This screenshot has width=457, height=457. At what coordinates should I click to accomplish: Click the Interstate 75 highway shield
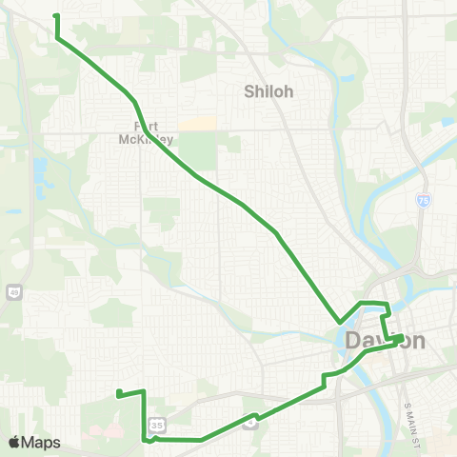[422, 202]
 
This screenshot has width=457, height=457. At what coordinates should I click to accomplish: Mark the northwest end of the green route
[55, 16]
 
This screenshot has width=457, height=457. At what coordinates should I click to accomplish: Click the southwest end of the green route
[118, 393]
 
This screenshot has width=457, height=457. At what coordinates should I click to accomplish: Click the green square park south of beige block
[197, 150]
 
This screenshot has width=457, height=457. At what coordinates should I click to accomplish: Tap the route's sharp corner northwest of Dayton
[339, 322]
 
